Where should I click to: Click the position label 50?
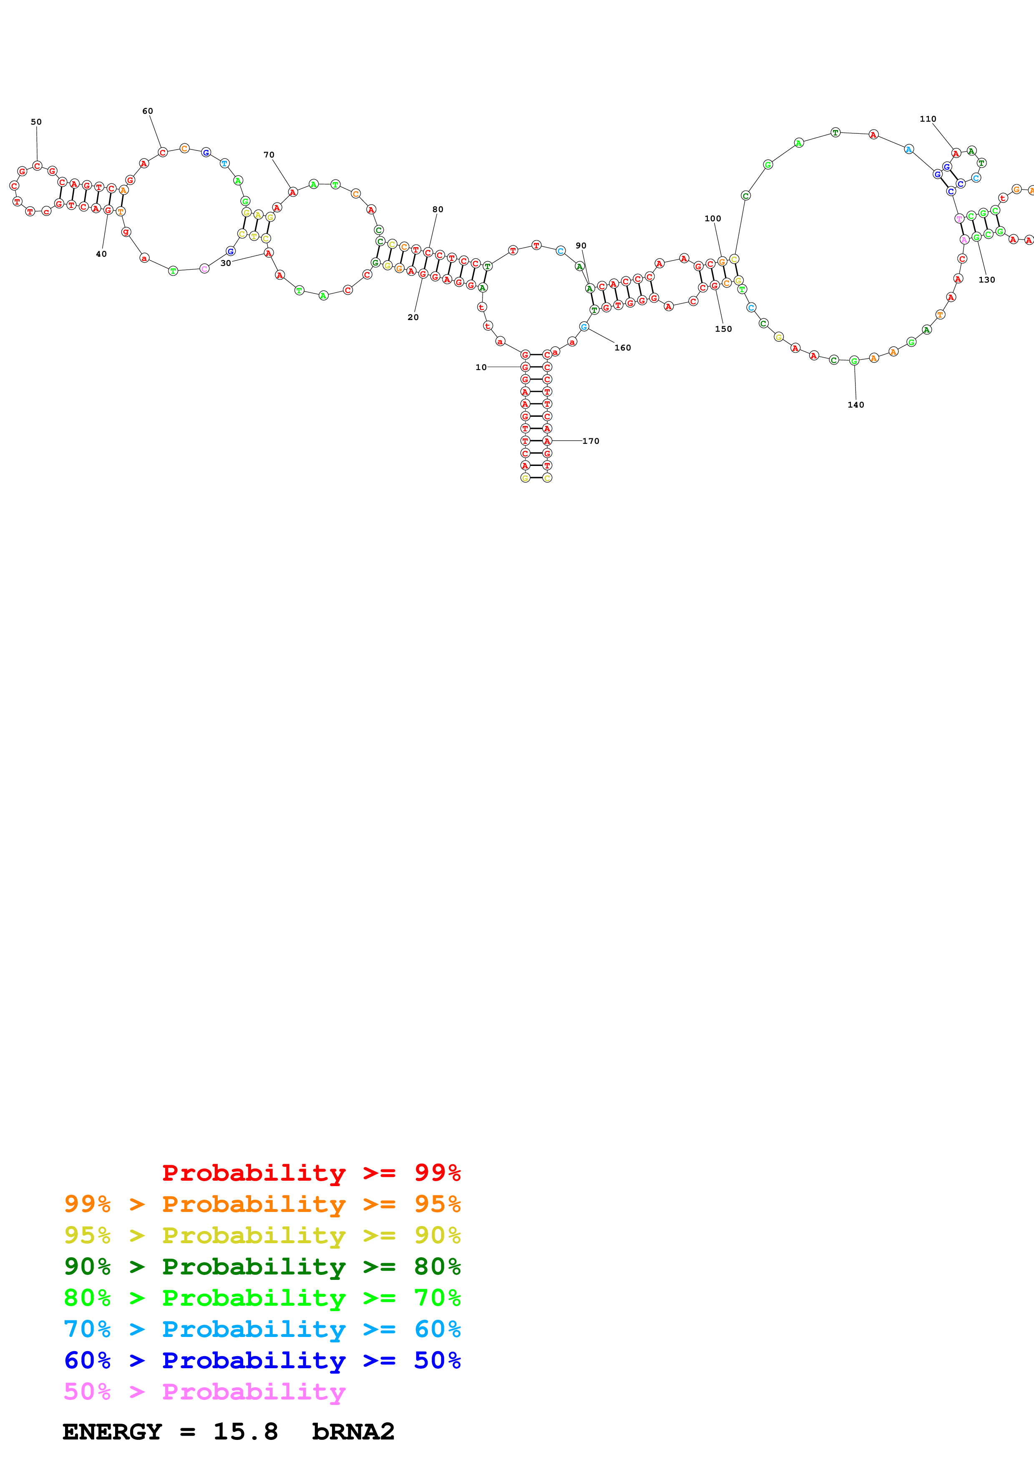[x=36, y=122]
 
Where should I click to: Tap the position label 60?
[x=148, y=111]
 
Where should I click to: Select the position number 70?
[x=269, y=155]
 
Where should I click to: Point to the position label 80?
[x=438, y=210]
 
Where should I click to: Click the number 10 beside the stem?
[x=481, y=368]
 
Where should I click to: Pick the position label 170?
[x=591, y=441]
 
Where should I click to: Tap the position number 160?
[x=622, y=348]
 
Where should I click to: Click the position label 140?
[x=855, y=405]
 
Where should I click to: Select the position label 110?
[x=928, y=119]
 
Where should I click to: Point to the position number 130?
[x=986, y=280]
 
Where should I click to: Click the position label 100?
[x=712, y=218]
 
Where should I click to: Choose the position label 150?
[x=723, y=329]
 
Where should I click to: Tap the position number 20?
[x=413, y=317]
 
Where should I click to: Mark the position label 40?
[x=101, y=254]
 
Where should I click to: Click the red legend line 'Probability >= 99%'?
[x=311, y=1172]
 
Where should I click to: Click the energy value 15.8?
[x=245, y=1432]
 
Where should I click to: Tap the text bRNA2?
[x=353, y=1432]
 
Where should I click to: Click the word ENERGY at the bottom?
[x=112, y=1432]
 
